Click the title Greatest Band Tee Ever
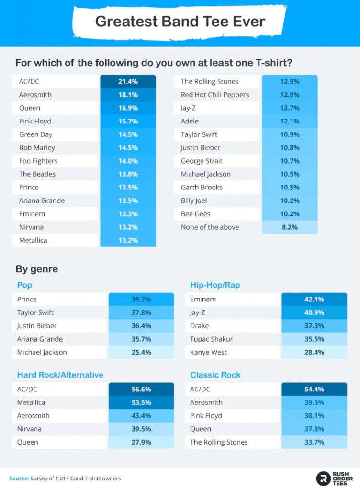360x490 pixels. click(180, 22)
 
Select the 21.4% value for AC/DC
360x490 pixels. click(128, 81)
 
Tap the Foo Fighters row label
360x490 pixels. click(38, 161)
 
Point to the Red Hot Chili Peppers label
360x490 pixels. click(215, 95)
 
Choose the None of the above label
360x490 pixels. click(210, 227)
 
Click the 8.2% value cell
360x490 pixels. click(290, 227)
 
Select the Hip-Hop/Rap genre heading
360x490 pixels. click(215, 285)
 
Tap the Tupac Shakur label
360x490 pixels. click(211, 339)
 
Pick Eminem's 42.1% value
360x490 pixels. click(314, 299)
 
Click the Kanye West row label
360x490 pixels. click(208, 352)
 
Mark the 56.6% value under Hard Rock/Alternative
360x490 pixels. click(141, 389)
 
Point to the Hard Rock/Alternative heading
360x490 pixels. click(60, 375)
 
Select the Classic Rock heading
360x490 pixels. click(215, 375)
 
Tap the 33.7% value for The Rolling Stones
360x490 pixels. click(314, 442)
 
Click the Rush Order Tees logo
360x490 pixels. click(335, 478)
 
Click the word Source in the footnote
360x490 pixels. click(18, 479)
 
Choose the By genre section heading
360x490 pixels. click(37, 269)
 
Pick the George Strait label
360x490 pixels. click(202, 161)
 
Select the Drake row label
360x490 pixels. click(200, 326)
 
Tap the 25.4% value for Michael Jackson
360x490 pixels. click(141, 352)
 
